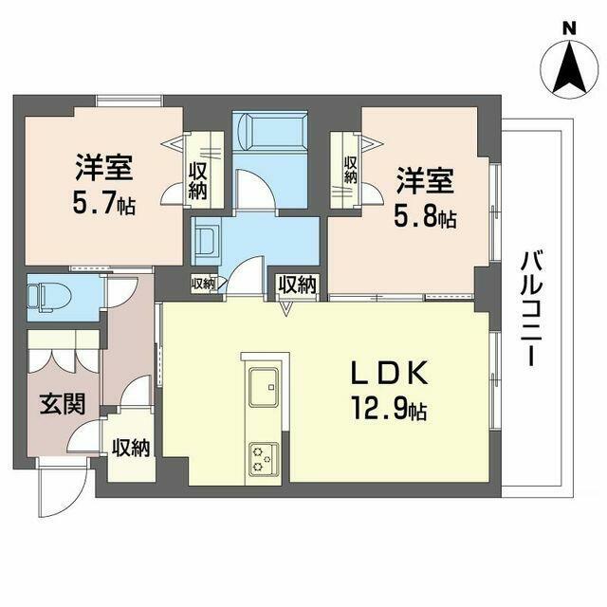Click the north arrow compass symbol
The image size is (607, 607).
coord(568,69)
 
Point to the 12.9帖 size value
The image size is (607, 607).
coord(391,412)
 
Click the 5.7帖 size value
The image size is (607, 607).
coord(105,203)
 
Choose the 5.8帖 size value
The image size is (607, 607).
coord(425,217)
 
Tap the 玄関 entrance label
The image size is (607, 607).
coord(62,403)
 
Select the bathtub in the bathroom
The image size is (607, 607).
coord(270,130)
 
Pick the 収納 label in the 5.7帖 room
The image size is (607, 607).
coord(198,180)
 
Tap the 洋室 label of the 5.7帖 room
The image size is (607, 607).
coord(105,168)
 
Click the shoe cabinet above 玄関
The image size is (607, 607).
coord(63,355)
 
